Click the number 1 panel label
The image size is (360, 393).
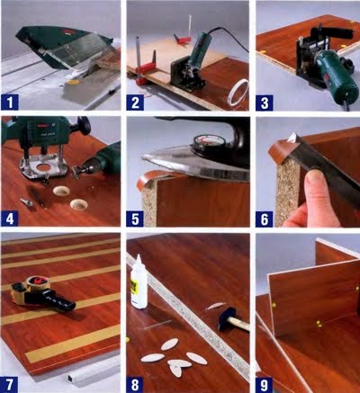tap(10, 103)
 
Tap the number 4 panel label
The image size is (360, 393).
tap(10, 219)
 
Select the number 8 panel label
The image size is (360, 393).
tap(135, 385)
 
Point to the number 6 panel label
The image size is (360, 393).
tap(265, 219)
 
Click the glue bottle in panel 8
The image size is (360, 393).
tap(139, 282)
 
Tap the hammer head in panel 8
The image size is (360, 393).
tap(227, 318)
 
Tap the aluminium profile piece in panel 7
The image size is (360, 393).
tap(93, 372)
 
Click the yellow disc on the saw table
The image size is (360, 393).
tap(73, 82)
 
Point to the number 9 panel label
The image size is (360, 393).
tap(265, 385)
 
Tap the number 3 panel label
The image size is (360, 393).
tap(265, 103)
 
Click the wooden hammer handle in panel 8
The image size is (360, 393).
tap(239, 325)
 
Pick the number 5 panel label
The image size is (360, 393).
tap(135, 219)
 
